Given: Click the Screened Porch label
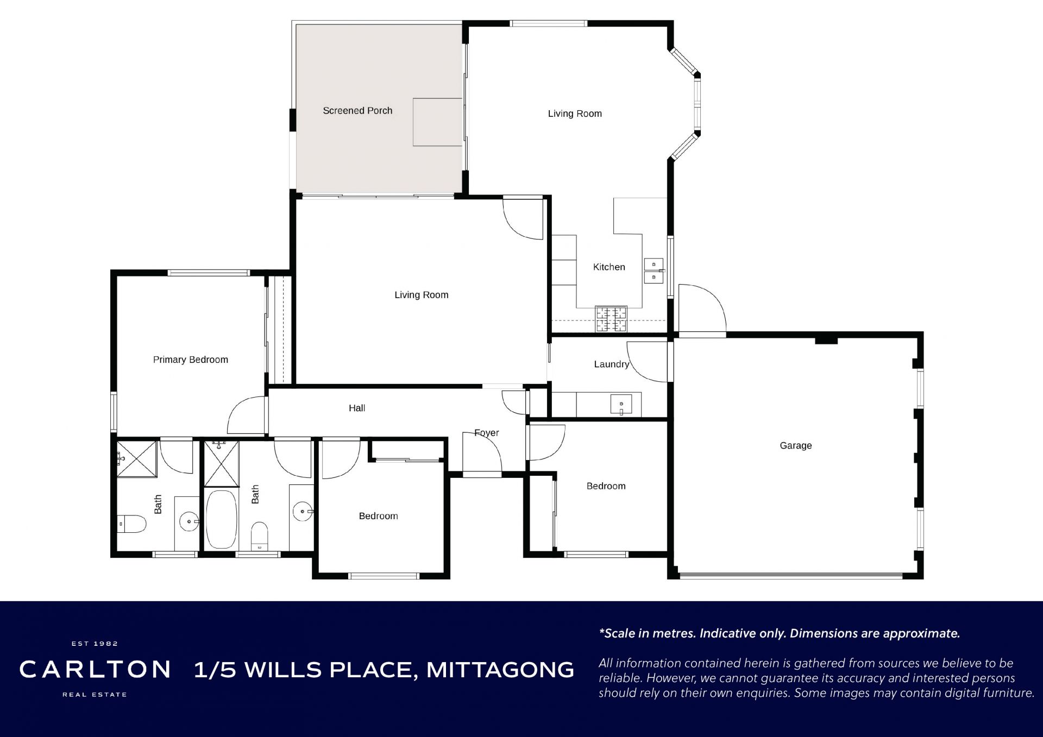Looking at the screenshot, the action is (357, 111).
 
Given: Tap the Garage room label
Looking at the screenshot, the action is (796, 446).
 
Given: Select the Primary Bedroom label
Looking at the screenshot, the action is (191, 360).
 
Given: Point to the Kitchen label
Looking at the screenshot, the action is (609, 267).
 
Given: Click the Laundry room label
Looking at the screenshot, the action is (612, 364).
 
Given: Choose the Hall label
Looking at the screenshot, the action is (357, 408).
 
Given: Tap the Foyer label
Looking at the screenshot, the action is (486, 433).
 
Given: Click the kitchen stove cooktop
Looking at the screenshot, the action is (611, 319).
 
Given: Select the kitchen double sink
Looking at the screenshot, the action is (654, 270).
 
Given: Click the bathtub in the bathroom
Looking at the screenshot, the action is (222, 520).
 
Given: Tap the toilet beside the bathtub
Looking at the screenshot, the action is (260, 535).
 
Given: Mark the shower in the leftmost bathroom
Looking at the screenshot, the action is (137, 459).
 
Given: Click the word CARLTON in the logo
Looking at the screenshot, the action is (95, 670).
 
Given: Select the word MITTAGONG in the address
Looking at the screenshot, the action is (500, 670).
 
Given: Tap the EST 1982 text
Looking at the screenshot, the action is (95, 644).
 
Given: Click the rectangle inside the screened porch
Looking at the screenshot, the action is (437, 122).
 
